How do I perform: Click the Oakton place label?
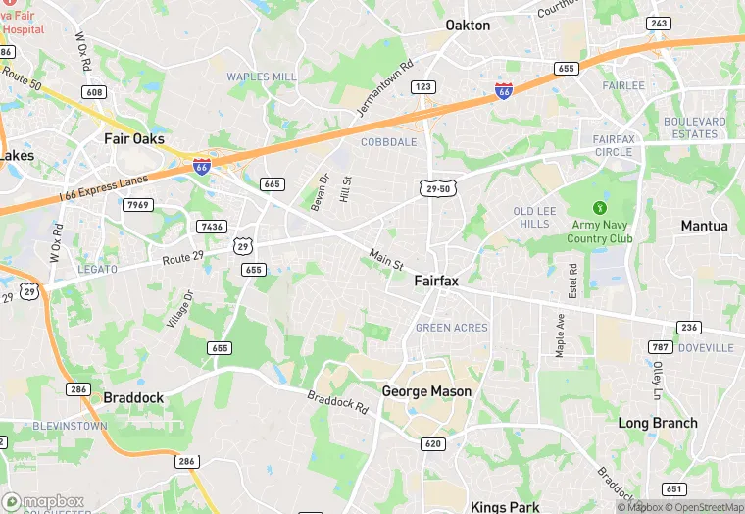pos(468,26)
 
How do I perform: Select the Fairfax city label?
pos(436,281)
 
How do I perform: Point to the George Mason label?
pos(426,391)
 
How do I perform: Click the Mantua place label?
pos(704,226)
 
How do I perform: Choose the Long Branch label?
pos(658,423)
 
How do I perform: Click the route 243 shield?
pos(659,23)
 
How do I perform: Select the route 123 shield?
pos(422,87)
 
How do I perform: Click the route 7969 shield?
pos(138,204)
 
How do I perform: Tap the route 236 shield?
pos(689,328)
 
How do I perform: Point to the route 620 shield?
pos(432,443)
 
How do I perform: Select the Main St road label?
pos(386,259)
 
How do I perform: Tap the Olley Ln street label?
pos(656,378)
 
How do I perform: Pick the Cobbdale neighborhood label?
pos(388,142)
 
